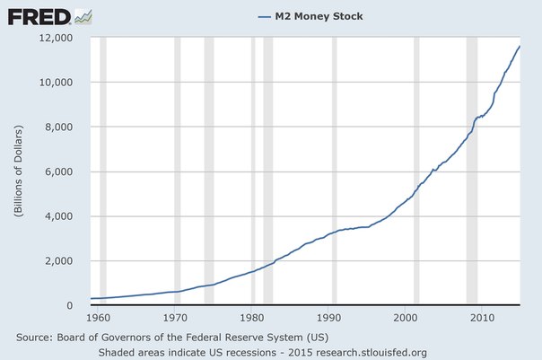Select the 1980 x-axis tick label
tap(252, 318)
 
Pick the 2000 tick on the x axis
tap(406, 318)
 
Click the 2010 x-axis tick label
tap(482, 318)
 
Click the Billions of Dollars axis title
tap(17, 171)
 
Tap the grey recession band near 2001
tap(416, 171)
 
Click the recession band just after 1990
tap(335, 171)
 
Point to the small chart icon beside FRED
tap(83, 15)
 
